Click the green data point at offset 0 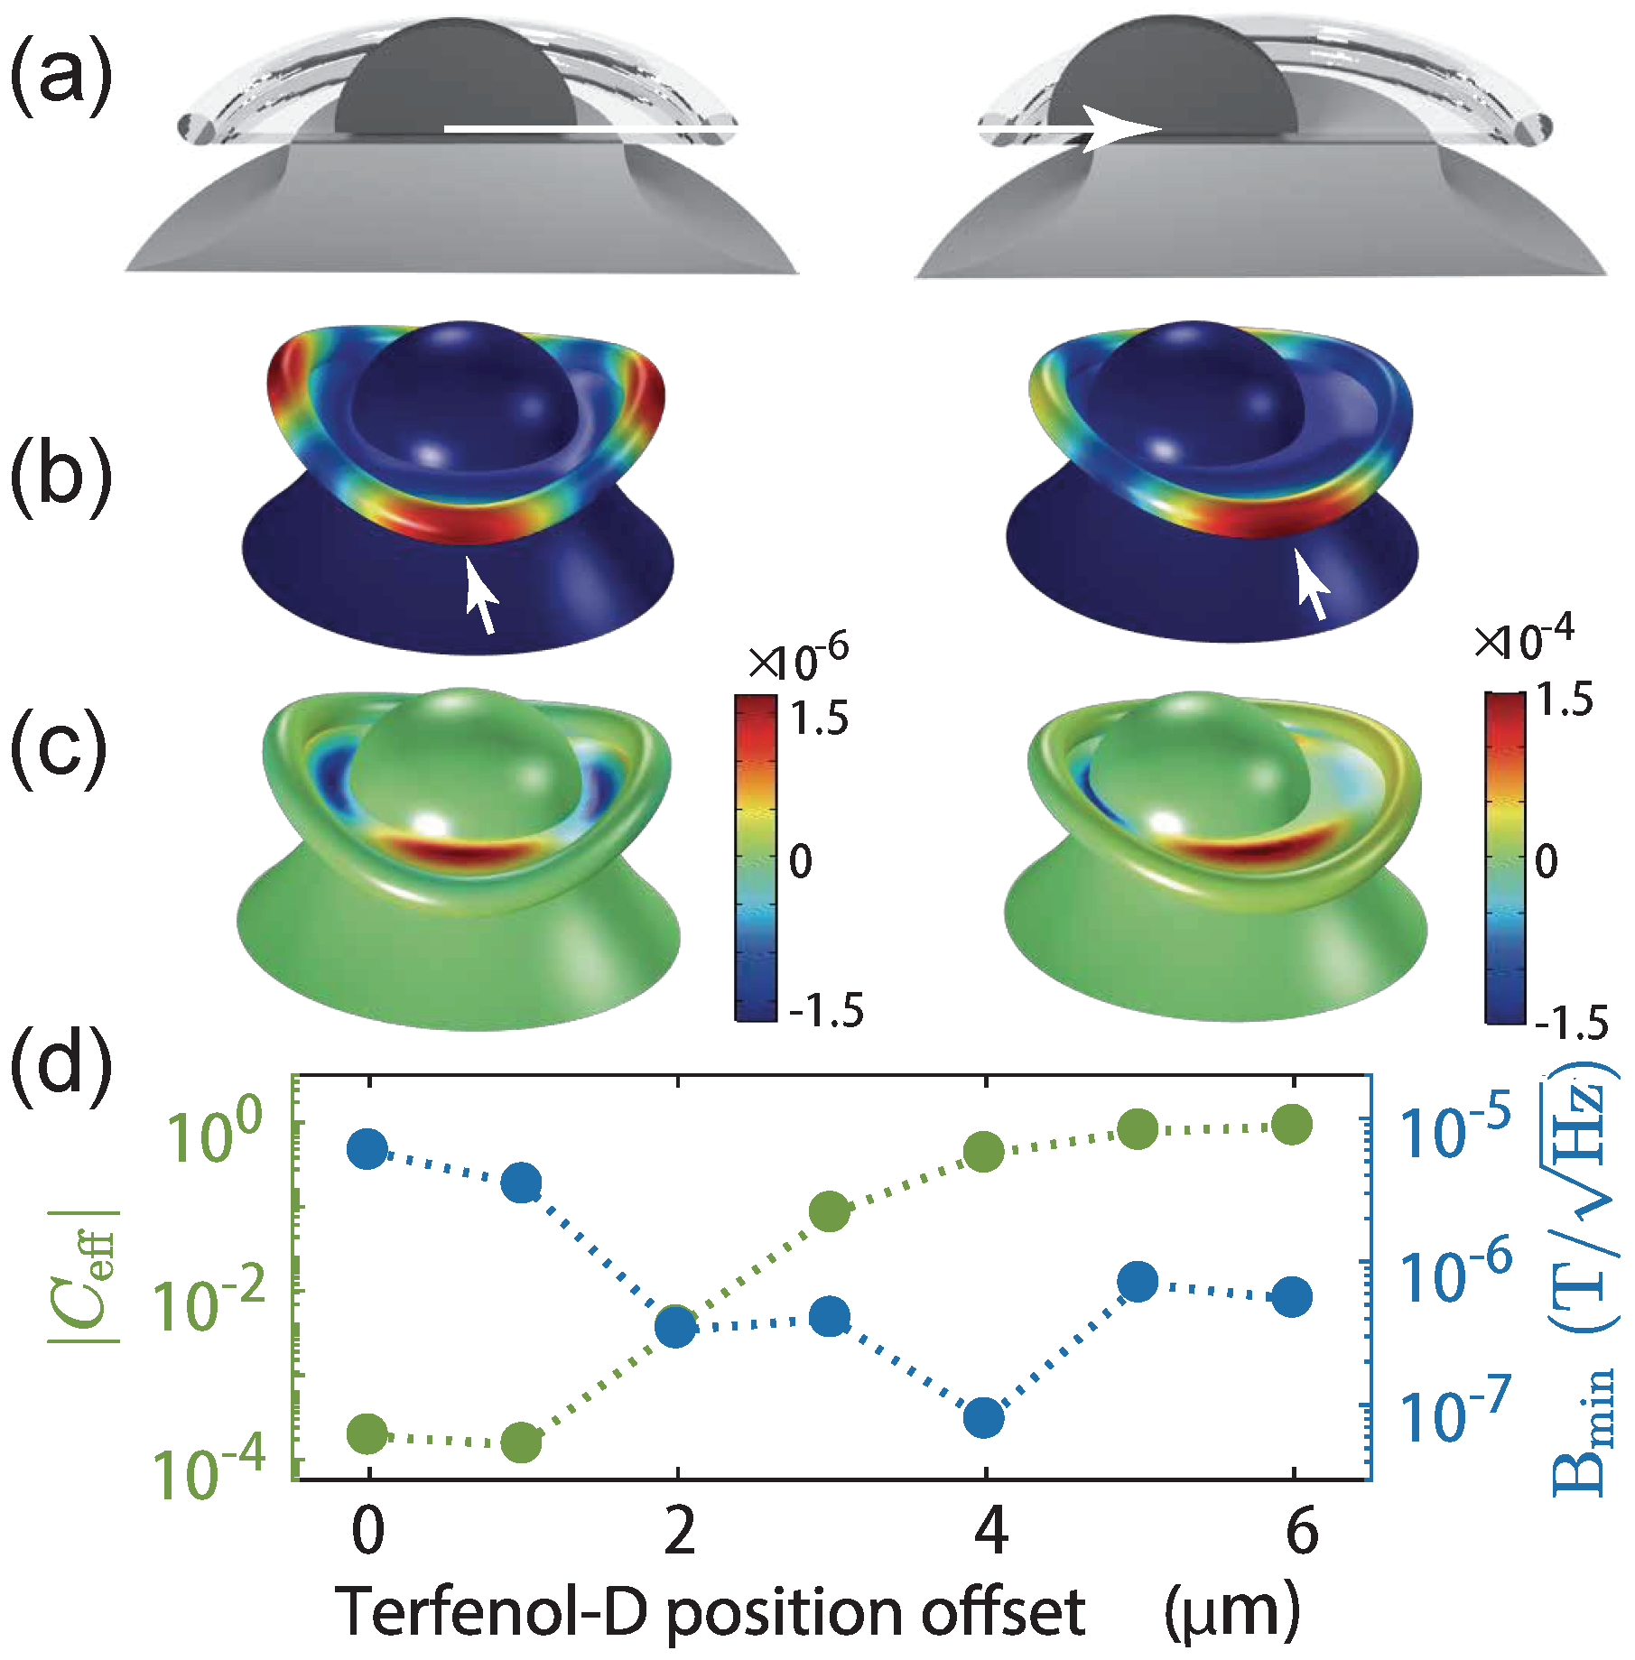(x=367, y=1433)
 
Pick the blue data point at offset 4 (x=984, y=1417)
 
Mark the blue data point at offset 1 (x=522, y=1182)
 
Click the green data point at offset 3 (x=830, y=1211)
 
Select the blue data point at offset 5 (x=1138, y=1282)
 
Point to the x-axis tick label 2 (x=678, y=1533)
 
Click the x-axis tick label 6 (x=1301, y=1533)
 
